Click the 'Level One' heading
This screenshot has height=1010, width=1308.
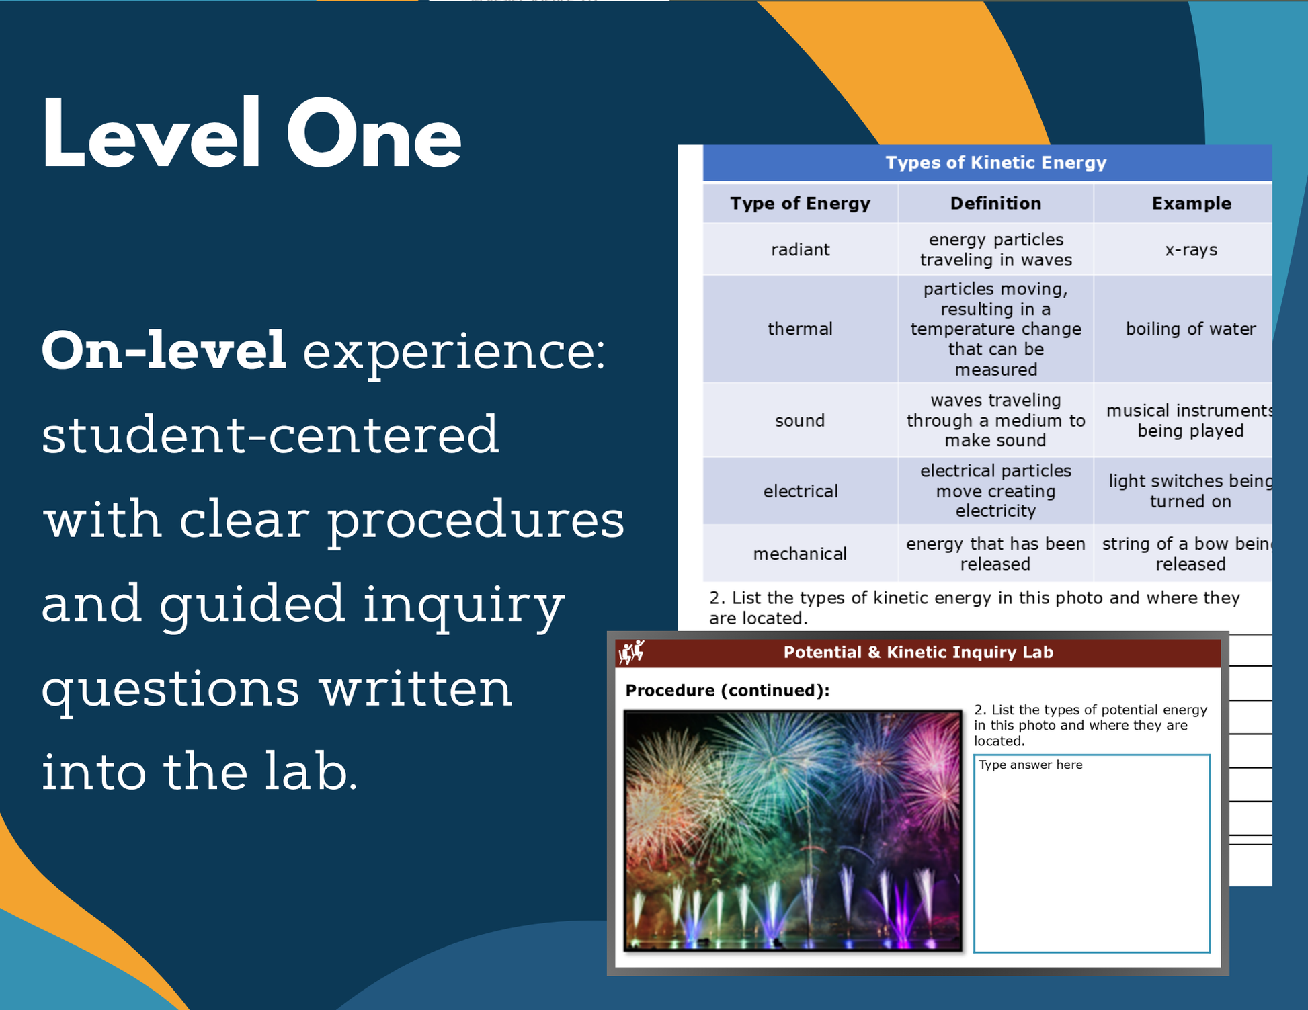251,133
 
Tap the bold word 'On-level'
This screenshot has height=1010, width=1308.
164,350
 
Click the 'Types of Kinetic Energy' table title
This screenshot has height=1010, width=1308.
995,163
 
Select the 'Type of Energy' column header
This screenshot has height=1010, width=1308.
800,204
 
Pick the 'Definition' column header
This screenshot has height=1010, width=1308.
995,204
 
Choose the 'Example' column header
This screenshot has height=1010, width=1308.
1191,204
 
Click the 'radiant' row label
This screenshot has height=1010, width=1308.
800,250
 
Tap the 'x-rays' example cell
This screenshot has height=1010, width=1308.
1191,250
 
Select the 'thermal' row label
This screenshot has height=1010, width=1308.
800,329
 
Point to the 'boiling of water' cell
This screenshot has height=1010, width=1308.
1191,329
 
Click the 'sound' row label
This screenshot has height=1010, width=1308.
800,421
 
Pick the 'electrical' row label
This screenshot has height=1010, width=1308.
800,491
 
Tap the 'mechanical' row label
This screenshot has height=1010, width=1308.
800,554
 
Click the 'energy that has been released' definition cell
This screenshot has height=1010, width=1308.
995,554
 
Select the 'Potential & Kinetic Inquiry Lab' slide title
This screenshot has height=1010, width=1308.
918,653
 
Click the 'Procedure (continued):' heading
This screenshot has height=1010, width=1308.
727,691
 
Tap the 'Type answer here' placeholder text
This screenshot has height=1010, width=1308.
1030,765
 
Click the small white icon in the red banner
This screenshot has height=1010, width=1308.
632,652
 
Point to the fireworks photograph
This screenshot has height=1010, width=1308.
793,831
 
